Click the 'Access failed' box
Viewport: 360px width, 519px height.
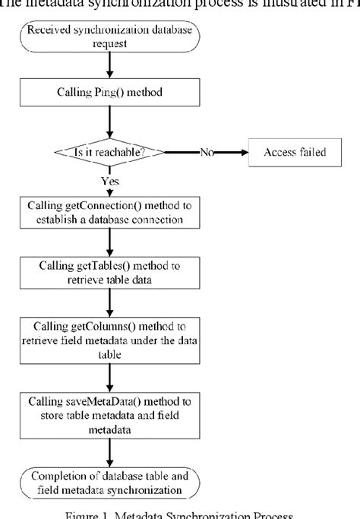pos(295,152)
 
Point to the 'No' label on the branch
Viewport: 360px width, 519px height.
pos(207,152)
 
